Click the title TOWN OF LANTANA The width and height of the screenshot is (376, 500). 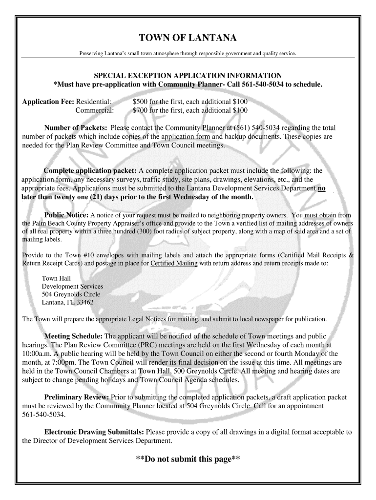188,38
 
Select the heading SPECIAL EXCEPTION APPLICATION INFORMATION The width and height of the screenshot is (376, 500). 188,76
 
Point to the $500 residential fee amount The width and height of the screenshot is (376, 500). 141,102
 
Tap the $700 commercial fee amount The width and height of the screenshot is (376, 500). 141,110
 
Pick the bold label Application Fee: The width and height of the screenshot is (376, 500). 48,102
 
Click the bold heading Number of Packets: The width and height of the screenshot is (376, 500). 76,128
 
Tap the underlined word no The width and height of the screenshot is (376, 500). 322,188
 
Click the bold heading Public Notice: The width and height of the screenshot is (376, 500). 66,215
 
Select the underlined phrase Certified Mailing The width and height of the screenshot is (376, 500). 174,264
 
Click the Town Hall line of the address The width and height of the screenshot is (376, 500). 56,278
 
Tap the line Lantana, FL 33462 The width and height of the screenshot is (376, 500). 67,302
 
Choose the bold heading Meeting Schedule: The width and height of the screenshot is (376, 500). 73,336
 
